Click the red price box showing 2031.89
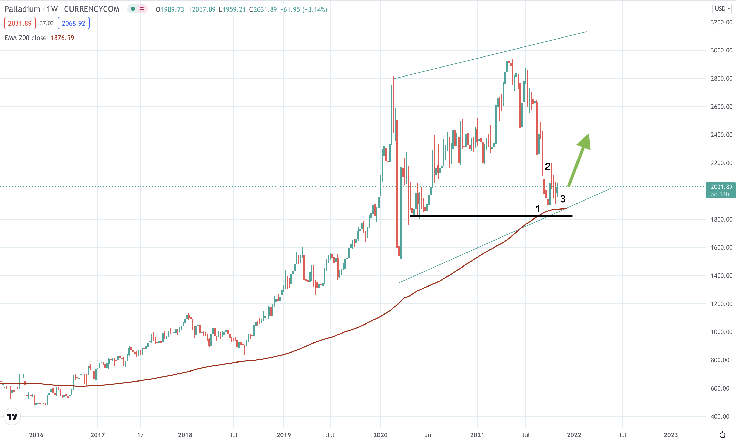(x=20, y=23)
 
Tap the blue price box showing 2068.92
(x=74, y=23)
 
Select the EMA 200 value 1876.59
(x=62, y=38)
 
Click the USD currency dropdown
(x=722, y=8)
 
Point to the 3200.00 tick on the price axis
(x=721, y=22)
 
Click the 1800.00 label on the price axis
(x=721, y=219)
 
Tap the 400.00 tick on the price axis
(x=720, y=416)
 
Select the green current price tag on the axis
(x=721, y=190)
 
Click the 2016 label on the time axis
(x=36, y=435)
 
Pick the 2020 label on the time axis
(x=380, y=435)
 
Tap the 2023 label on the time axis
(x=671, y=435)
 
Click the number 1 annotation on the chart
(x=538, y=209)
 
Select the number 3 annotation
(x=563, y=199)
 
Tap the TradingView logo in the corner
(x=12, y=416)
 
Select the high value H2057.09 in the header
(x=201, y=9)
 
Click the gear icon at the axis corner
(x=722, y=434)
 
